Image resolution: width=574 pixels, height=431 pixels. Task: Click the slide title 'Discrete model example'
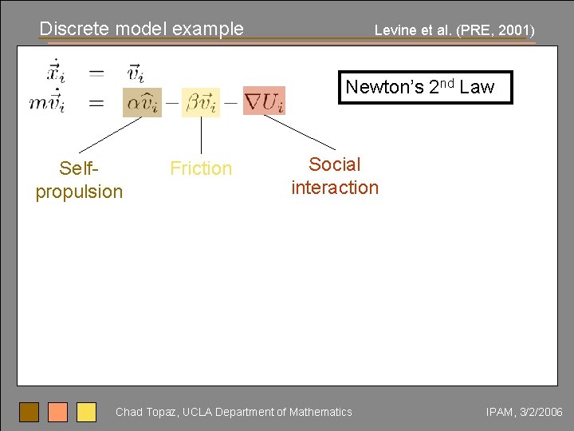142,29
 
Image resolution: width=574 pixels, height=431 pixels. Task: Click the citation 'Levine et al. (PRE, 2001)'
454,31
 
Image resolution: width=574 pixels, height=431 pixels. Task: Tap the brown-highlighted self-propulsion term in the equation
142,102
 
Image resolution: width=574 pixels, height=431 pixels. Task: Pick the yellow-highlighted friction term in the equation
201,102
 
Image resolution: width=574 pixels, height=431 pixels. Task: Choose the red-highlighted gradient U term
264,101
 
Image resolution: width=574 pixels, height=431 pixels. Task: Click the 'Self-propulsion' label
79,180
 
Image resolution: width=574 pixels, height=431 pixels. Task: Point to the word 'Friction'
201,168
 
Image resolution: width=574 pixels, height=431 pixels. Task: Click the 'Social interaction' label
335,176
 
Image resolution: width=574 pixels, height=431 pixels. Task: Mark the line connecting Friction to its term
201,136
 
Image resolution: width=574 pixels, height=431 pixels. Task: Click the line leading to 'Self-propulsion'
112,134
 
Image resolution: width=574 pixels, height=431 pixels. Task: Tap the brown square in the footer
29,412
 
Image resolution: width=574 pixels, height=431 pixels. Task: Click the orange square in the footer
57,412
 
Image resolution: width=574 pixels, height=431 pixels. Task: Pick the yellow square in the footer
86,412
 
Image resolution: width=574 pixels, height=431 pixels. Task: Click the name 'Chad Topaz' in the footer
145,412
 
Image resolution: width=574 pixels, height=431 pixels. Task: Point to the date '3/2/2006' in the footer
541,412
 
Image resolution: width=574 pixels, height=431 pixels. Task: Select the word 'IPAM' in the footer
501,412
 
